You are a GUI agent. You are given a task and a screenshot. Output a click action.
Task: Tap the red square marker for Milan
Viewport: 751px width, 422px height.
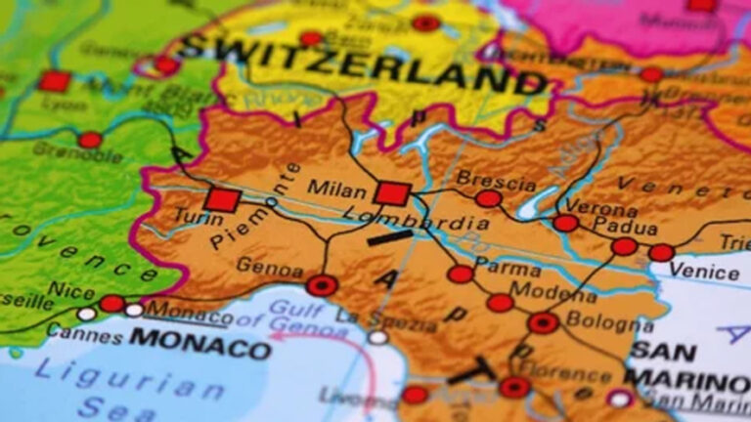391,192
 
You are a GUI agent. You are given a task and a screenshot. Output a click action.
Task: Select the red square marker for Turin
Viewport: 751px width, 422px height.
223,199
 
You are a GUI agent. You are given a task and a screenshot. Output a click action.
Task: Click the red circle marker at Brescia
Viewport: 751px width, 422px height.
488,199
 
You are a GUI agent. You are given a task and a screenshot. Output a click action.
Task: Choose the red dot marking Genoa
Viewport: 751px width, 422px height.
322,285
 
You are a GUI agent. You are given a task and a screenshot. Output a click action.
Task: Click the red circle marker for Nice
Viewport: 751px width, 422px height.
111,303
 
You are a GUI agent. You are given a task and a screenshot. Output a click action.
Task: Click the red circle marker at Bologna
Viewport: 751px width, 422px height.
543,323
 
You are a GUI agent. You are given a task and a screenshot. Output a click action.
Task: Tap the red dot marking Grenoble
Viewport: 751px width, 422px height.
90,140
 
